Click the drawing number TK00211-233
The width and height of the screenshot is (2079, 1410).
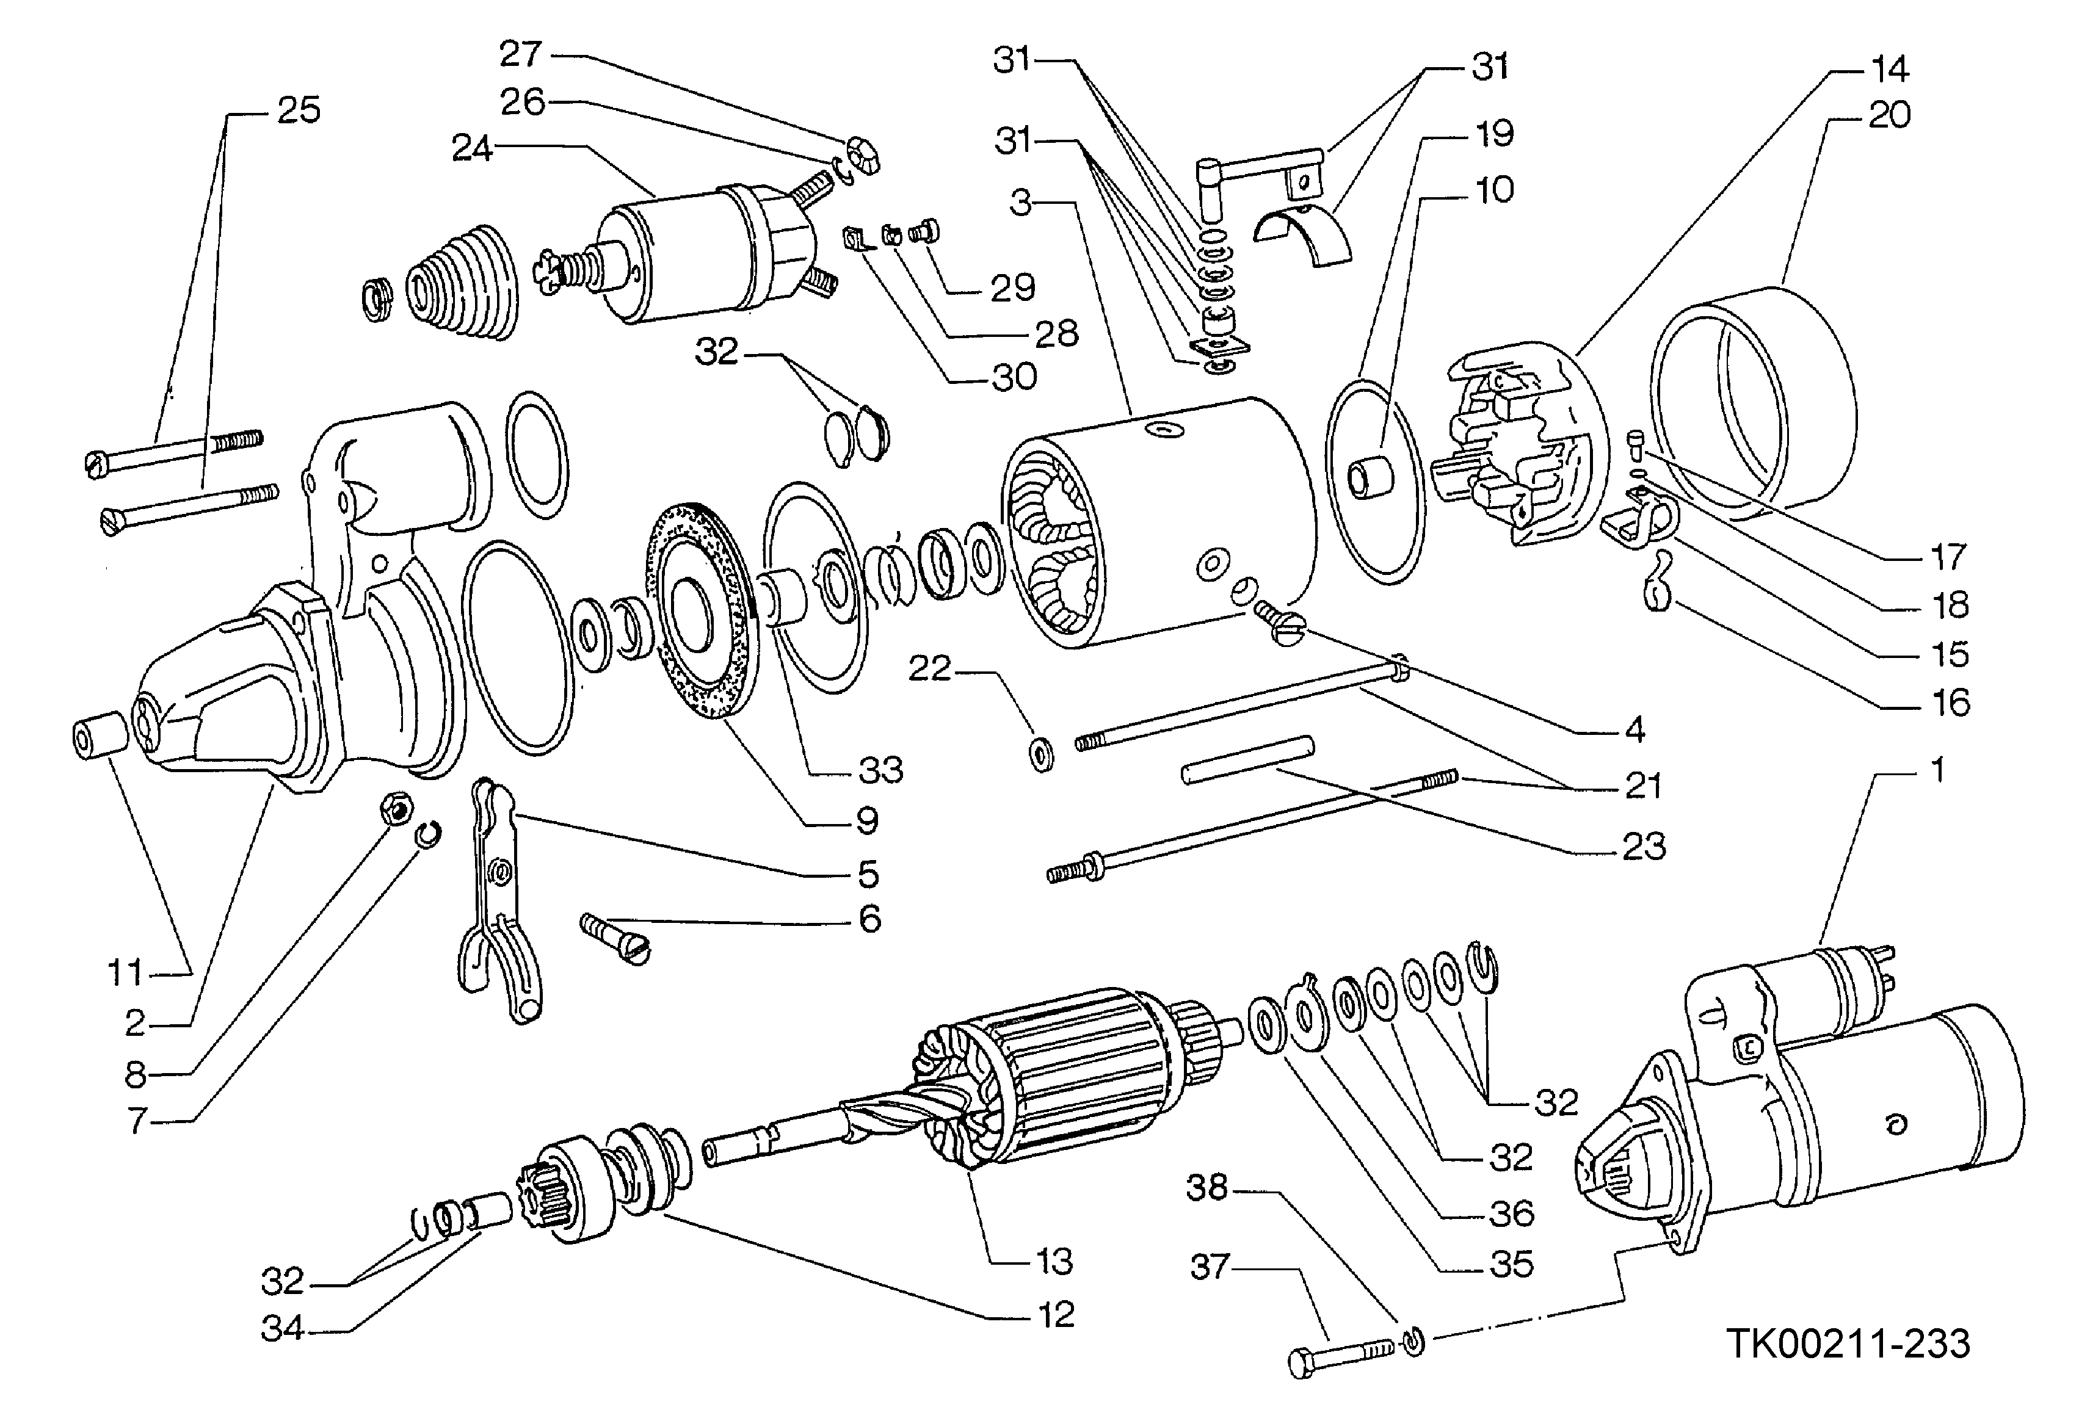[x=1848, y=1343]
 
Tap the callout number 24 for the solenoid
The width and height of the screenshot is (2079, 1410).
[x=471, y=148]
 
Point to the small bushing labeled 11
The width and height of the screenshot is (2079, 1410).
[x=98, y=735]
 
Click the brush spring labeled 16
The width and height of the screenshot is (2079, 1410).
[x=1658, y=581]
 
